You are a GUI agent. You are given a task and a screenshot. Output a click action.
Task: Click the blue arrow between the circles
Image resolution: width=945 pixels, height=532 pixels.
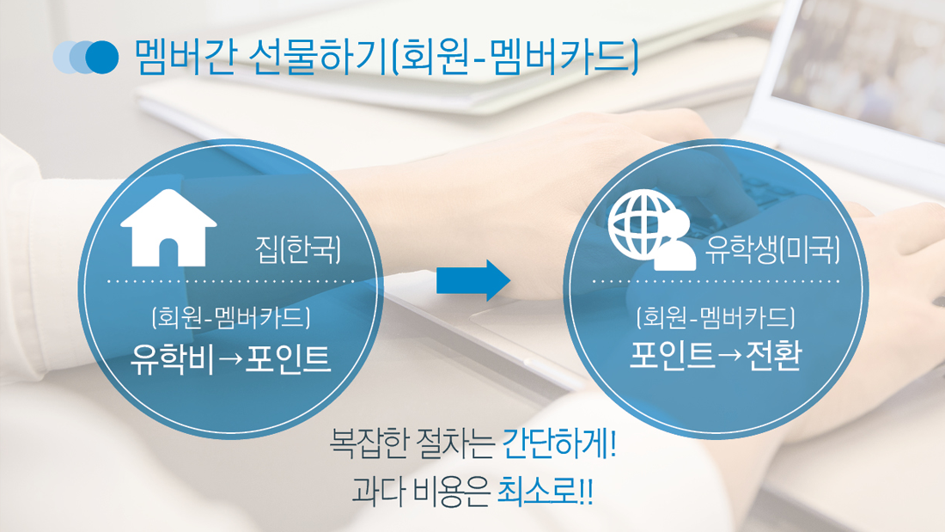[x=473, y=280]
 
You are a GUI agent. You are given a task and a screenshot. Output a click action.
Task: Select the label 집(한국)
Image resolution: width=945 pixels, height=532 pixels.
[x=298, y=250]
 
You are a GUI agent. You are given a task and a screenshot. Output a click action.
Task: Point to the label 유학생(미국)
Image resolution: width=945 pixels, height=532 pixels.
[x=772, y=250]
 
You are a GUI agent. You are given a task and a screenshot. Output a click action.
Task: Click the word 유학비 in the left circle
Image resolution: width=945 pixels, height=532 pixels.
[x=171, y=359]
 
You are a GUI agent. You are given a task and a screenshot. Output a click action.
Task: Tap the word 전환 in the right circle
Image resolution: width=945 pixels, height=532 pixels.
[x=773, y=355]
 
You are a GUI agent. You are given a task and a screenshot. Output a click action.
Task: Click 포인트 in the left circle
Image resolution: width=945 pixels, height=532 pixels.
[x=288, y=359]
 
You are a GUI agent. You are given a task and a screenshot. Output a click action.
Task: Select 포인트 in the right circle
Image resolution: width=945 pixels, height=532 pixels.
[x=672, y=355]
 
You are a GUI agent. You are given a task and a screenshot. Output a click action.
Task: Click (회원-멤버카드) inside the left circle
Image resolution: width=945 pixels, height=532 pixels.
[x=231, y=317]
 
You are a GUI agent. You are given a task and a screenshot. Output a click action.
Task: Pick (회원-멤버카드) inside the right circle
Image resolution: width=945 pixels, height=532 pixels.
[x=716, y=317]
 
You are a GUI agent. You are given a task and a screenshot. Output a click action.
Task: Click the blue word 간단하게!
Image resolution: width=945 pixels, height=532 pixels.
[x=559, y=444]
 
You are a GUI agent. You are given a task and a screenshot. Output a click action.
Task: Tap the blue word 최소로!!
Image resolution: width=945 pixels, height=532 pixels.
[x=545, y=492]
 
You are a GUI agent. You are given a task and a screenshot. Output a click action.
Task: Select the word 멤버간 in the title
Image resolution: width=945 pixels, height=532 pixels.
[x=184, y=57]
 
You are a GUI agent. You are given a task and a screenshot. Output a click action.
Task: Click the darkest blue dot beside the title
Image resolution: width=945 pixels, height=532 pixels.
[x=102, y=58]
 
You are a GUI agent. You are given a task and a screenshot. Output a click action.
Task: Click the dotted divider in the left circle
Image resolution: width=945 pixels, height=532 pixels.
[x=231, y=281]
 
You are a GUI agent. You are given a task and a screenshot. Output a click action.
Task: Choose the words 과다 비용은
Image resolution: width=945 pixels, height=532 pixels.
[x=420, y=492]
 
